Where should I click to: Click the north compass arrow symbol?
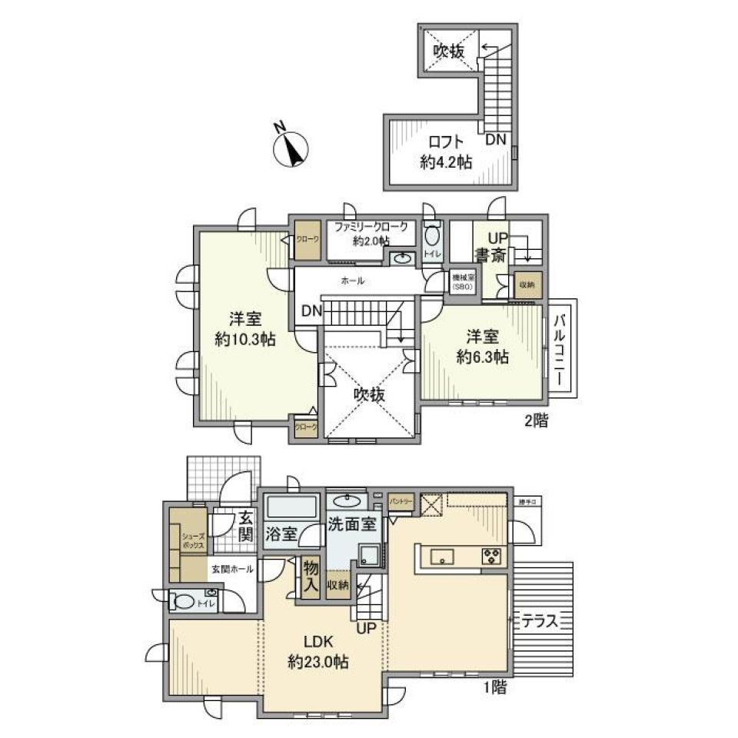click(291, 147)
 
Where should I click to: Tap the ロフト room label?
click(447, 142)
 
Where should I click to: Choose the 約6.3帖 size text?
click(482, 357)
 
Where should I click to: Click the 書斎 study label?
click(489, 255)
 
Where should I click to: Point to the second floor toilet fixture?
click(431, 236)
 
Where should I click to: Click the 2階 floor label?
click(536, 421)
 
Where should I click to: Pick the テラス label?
click(544, 620)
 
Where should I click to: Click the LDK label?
click(317, 641)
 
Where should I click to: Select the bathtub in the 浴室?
click(291, 507)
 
